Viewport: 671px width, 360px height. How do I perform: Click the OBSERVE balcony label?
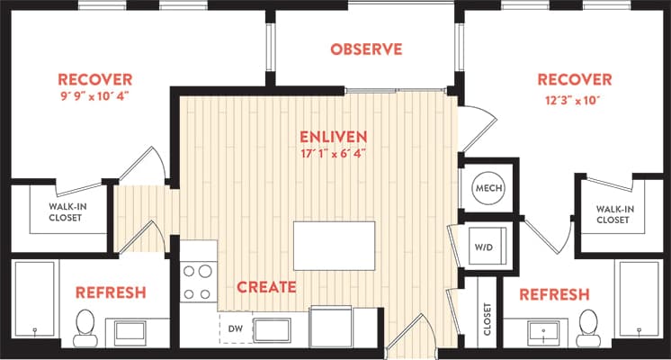point(365,49)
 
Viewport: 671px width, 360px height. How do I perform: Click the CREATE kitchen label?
point(266,288)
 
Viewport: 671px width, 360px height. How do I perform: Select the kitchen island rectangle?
point(334,245)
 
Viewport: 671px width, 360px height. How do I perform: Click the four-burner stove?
point(199,280)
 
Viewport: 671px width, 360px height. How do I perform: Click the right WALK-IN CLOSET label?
point(614,214)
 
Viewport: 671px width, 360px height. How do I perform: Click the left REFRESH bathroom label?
point(111,293)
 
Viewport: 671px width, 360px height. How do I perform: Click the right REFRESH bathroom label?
point(554,294)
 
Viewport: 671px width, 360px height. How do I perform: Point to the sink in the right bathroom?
point(546,330)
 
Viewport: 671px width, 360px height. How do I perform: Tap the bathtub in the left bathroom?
point(34,301)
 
